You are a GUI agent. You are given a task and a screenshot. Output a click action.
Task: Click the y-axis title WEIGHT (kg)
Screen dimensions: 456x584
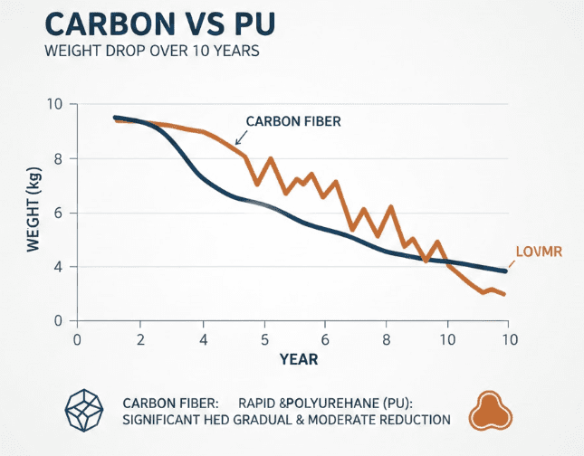click(34, 214)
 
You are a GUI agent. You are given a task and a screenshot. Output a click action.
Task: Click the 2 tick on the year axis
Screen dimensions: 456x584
click(140, 340)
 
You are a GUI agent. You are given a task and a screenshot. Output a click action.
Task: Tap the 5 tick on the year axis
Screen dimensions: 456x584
click(264, 340)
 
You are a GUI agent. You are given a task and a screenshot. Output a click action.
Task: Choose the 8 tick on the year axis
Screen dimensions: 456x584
click(388, 340)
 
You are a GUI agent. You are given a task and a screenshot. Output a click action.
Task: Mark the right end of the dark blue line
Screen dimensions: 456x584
click(505, 271)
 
